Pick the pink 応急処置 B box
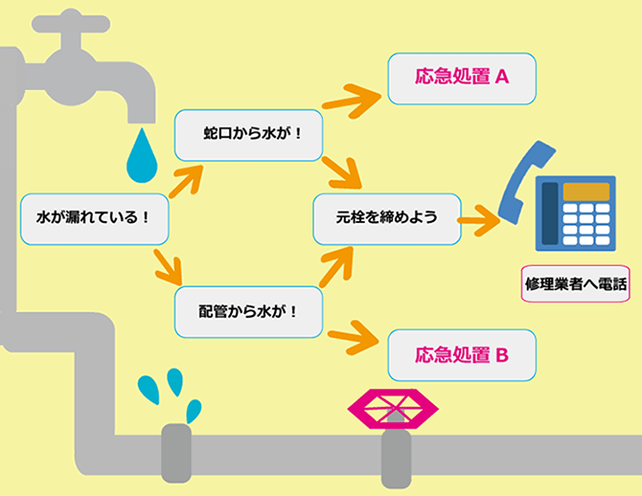460,355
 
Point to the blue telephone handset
523,183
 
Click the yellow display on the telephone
585,192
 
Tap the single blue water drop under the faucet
143,155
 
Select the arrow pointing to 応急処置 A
351,93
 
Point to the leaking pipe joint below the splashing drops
177,451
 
